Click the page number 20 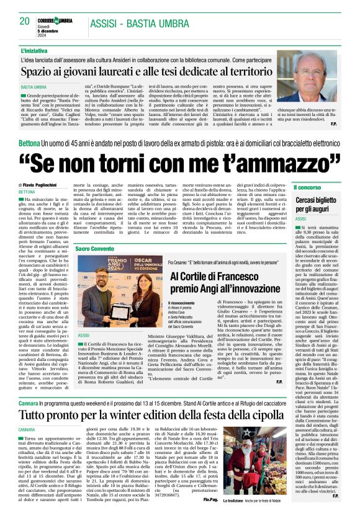pos(25,21)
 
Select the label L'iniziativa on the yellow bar pos(35,49)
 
